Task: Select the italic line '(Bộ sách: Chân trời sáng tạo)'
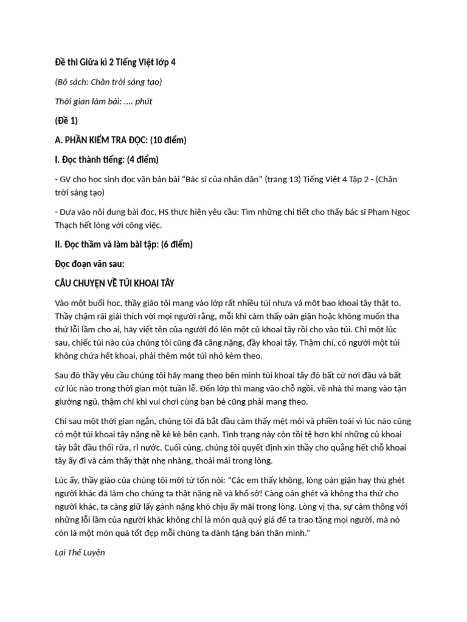(108, 81)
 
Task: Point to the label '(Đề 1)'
(66, 120)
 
